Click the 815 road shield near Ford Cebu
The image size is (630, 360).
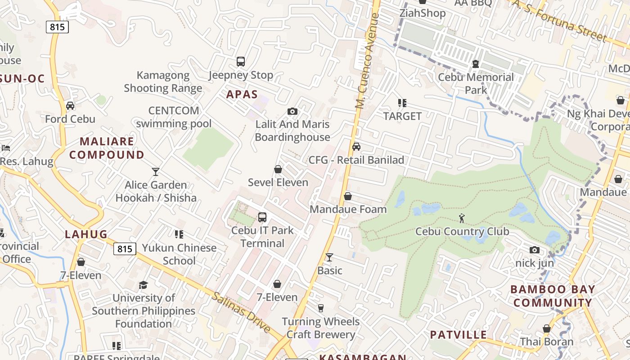click(57, 27)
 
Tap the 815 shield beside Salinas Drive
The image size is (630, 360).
click(125, 248)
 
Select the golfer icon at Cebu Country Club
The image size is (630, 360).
click(462, 219)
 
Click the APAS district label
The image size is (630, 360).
click(242, 94)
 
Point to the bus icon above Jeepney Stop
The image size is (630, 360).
click(241, 62)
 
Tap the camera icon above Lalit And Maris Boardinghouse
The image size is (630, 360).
click(292, 111)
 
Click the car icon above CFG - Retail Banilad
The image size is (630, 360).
click(356, 147)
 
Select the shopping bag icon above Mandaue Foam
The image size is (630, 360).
click(348, 196)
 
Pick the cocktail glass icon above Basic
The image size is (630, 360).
click(329, 257)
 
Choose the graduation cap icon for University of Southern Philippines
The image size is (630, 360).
click(144, 285)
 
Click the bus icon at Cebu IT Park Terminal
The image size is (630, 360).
click(262, 217)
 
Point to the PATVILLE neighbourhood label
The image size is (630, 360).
click(458, 334)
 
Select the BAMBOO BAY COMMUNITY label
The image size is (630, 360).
click(553, 296)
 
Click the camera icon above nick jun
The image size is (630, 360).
click(534, 250)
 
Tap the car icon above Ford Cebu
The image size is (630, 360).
click(70, 106)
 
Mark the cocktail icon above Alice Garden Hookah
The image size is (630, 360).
click(156, 171)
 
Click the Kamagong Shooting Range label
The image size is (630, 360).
click(163, 81)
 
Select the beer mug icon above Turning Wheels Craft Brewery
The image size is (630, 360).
click(321, 308)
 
